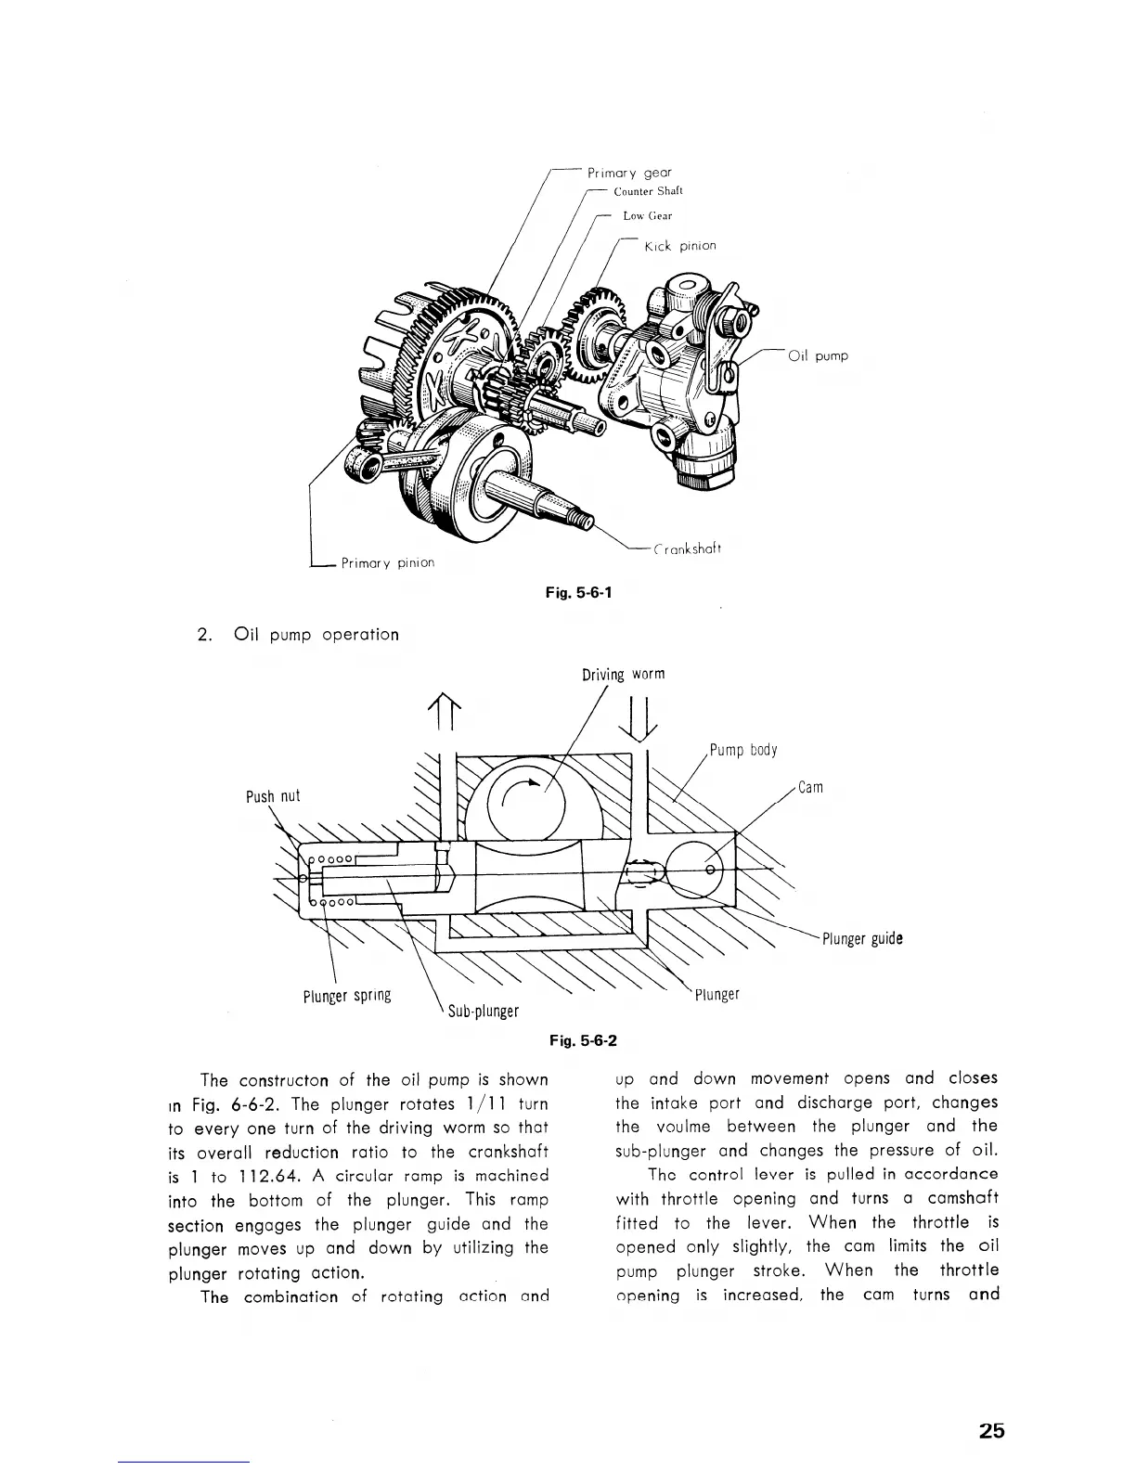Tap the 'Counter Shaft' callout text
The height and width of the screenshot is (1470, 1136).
click(648, 192)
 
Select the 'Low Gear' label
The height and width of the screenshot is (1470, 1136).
click(648, 216)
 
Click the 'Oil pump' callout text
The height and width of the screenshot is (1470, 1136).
click(817, 355)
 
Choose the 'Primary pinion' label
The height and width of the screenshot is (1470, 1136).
click(387, 562)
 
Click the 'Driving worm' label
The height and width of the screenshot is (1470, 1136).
click(623, 674)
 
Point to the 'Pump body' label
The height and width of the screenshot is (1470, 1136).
click(743, 750)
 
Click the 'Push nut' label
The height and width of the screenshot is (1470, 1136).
click(273, 796)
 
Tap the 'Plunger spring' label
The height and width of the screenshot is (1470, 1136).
click(347, 996)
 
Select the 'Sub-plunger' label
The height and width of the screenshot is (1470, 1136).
click(483, 1011)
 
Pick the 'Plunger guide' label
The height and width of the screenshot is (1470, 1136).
click(862, 938)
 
